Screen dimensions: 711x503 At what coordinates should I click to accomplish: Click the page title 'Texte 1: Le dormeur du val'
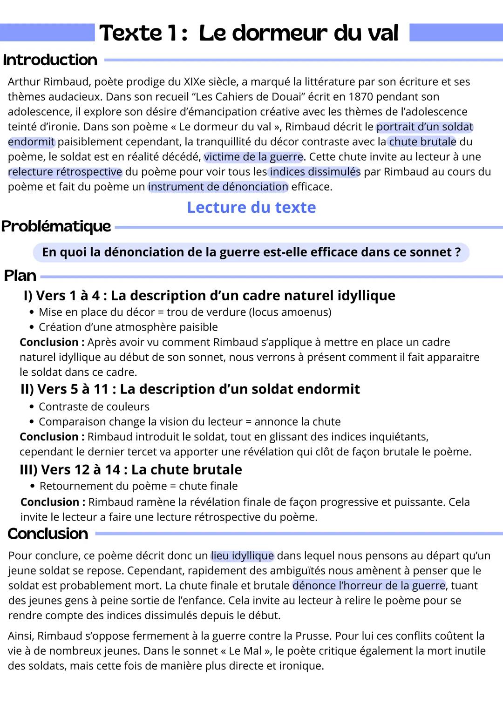249,33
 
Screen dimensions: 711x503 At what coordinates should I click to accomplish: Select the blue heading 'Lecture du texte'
251,207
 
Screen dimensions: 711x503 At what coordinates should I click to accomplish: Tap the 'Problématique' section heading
56,226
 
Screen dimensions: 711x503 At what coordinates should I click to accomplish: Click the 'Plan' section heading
20,276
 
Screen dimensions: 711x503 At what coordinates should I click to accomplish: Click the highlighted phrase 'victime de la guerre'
253,157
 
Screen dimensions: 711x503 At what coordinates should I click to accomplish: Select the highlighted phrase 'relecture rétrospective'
65,172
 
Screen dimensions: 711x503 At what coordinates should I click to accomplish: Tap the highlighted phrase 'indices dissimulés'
315,172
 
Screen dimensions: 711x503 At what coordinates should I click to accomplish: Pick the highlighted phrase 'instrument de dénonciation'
218,187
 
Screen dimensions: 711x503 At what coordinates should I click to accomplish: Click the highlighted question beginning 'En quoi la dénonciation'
251,252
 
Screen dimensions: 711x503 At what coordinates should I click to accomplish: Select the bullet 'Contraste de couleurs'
94,406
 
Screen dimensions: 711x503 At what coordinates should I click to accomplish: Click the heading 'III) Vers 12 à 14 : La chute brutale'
131,469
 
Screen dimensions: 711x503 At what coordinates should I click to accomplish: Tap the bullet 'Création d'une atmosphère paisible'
128,327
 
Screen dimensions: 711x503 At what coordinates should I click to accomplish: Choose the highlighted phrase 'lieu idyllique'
242,555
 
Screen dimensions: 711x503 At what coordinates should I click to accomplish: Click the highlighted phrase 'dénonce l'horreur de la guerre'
369,585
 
